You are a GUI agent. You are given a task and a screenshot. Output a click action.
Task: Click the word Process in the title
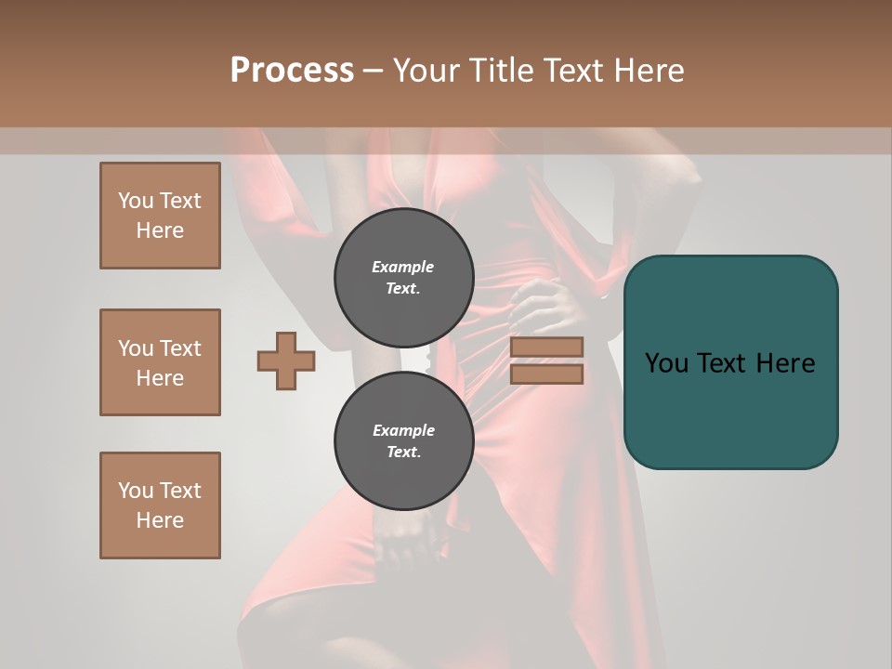coord(292,70)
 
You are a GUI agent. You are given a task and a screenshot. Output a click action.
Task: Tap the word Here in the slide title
coord(649,70)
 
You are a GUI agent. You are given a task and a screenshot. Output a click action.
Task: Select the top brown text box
coord(160,216)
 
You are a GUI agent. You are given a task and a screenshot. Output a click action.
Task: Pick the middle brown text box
coord(160,362)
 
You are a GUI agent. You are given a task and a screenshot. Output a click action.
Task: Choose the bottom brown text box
coord(160,505)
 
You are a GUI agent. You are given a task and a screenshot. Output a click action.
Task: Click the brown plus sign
coord(286,361)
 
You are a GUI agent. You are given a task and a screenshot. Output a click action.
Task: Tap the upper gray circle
coord(403,278)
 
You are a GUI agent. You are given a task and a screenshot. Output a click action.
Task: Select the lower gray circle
coord(403,441)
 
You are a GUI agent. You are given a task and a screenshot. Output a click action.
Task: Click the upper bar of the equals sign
coord(547,347)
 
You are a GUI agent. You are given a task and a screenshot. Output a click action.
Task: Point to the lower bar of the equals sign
coord(547,374)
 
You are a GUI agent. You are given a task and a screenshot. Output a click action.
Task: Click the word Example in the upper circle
coord(403,267)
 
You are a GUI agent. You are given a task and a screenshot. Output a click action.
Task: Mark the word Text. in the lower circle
coord(403,453)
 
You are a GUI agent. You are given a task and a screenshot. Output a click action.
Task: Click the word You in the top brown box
coord(136,201)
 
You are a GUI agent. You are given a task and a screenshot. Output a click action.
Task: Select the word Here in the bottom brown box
coord(160,520)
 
